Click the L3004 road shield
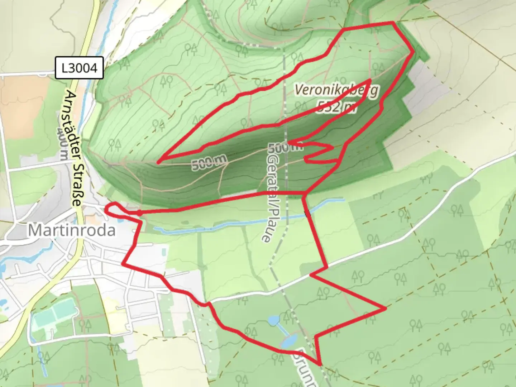pos(79,68)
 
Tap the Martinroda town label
pos(72,230)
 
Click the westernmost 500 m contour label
pos(209,164)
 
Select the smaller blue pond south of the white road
pos(273,320)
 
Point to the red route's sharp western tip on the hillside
pos(158,162)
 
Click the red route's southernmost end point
pos(320,364)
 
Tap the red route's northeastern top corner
pos(393,23)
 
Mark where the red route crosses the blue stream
pos(306,213)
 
